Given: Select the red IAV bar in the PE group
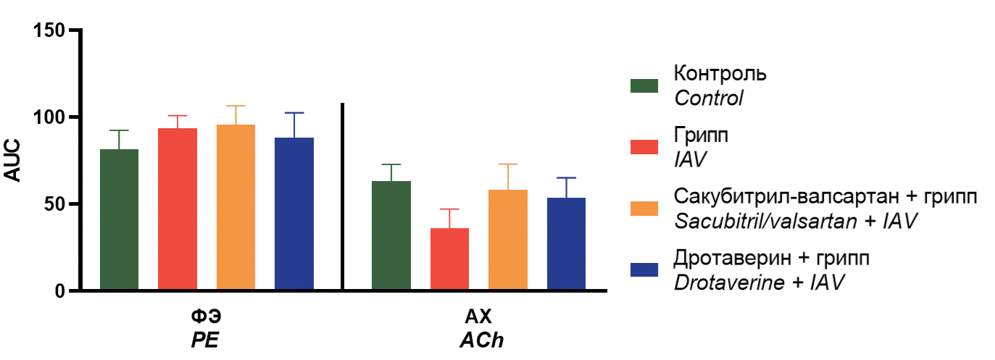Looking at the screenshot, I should click(x=178, y=209).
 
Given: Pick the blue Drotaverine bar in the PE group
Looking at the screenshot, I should click(x=294, y=214).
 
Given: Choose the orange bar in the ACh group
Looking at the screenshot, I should click(x=508, y=240).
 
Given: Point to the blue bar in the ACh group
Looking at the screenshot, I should click(x=566, y=244).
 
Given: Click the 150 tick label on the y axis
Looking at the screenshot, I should click(x=50, y=30).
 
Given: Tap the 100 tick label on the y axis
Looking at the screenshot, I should click(x=50, y=117).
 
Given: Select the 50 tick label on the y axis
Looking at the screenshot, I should click(x=54, y=204).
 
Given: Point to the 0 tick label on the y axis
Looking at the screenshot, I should click(x=61, y=291).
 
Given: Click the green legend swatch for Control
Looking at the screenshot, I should click(x=644, y=85).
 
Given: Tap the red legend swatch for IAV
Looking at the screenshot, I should click(x=644, y=147).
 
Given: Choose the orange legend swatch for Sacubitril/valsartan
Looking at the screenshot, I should click(x=644, y=208).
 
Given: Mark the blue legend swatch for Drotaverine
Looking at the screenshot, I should click(x=644, y=269).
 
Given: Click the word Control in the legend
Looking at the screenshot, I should click(x=708, y=98).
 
